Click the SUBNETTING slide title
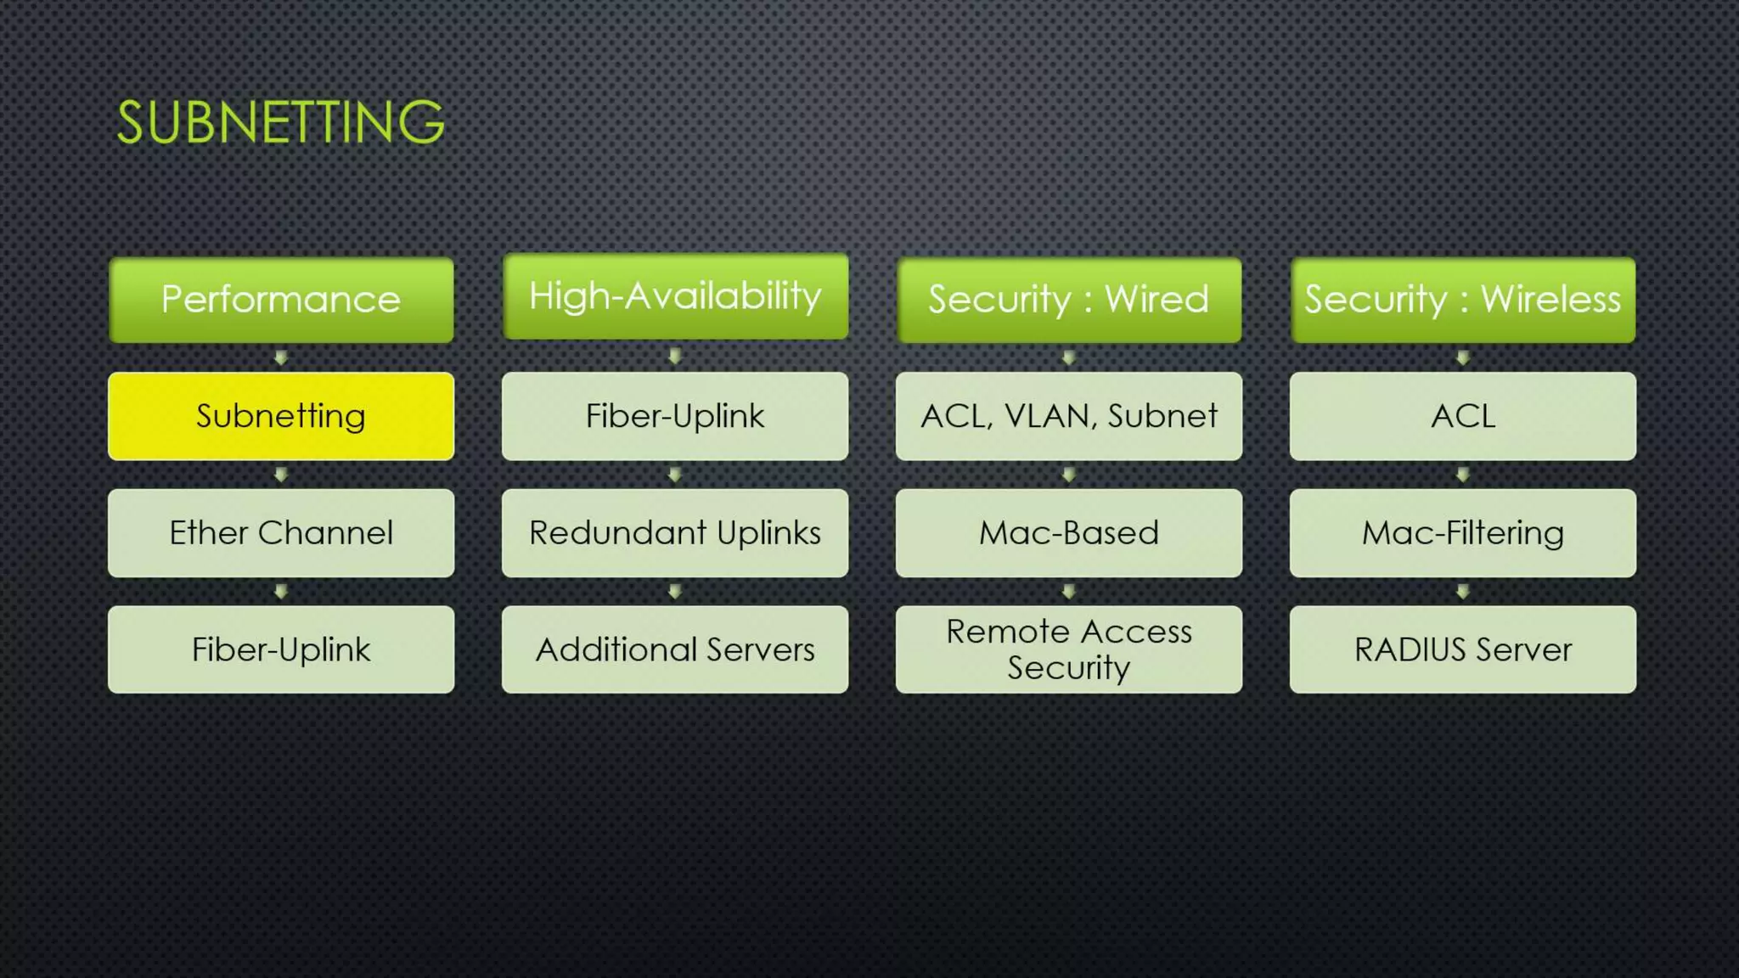click(x=280, y=122)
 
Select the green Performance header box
click(x=281, y=300)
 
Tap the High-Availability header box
click(x=675, y=296)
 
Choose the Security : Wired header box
click(x=1068, y=300)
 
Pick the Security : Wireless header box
click(x=1462, y=300)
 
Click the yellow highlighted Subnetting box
click(x=281, y=416)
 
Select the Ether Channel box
click(x=281, y=533)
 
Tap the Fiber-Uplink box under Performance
click(x=281, y=649)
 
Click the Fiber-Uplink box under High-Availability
click(x=675, y=416)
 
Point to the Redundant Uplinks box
click(x=675, y=533)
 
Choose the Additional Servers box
click(x=675, y=649)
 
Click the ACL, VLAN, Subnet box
click(x=1068, y=416)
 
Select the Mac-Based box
click(x=1068, y=533)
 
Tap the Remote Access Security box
click(x=1068, y=649)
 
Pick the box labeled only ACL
click(x=1462, y=416)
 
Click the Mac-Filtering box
click(x=1462, y=533)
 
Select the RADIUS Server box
click(x=1462, y=649)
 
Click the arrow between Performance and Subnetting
click(x=281, y=358)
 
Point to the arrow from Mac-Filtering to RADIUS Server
click(x=1462, y=592)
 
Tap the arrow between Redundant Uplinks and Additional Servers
click(x=675, y=592)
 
